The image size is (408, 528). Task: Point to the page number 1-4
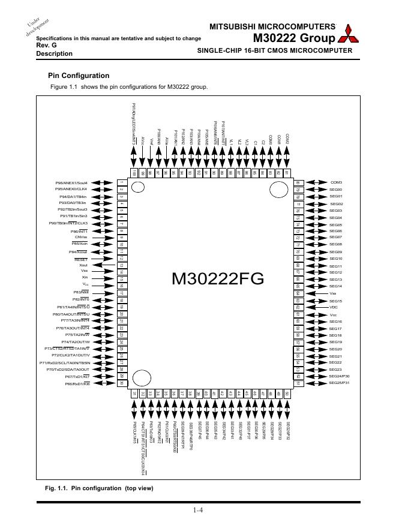pyautogui.click(x=199, y=511)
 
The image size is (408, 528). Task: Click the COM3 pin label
pyautogui.click(x=336, y=182)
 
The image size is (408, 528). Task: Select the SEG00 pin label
pyautogui.click(x=336, y=190)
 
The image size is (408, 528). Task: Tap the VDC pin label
pyautogui.click(x=334, y=307)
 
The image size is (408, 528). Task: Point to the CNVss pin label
pyautogui.click(x=80, y=237)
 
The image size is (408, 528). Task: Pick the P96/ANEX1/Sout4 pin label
pyautogui.click(x=72, y=182)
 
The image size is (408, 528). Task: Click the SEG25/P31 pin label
pyautogui.click(x=339, y=383)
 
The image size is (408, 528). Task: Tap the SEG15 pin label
pyautogui.click(x=336, y=301)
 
